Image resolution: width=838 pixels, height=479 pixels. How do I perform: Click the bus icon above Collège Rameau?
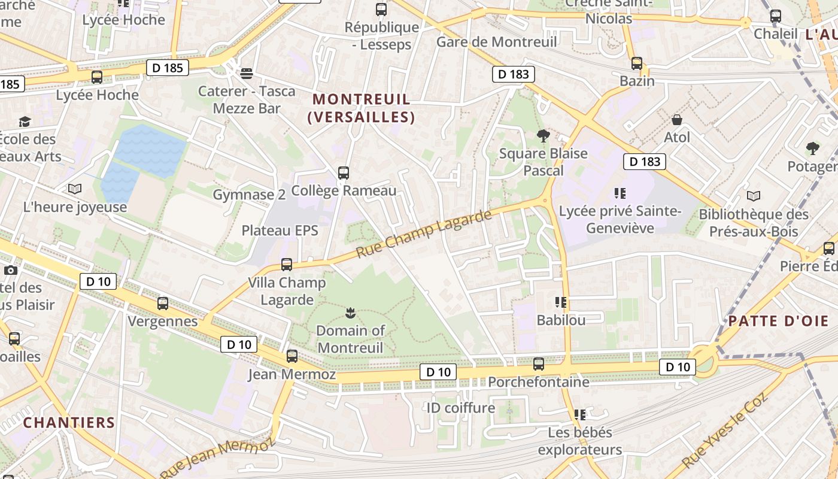click(344, 173)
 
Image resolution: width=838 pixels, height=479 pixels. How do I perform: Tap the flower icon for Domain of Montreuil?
click(351, 312)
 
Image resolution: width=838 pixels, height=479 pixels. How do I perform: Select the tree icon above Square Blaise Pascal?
click(544, 136)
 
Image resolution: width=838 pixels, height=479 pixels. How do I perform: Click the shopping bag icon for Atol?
click(677, 120)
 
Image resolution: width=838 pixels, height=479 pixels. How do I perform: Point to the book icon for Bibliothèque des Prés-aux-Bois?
click(754, 196)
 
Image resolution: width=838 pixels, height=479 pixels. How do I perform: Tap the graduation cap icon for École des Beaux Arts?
click(25, 122)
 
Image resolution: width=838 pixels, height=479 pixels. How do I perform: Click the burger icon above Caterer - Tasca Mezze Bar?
click(247, 73)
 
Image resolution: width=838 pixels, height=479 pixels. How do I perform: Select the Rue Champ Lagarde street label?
click(424, 234)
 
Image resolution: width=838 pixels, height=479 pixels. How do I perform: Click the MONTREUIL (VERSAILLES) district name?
click(362, 108)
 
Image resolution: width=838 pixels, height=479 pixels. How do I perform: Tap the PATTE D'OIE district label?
click(778, 321)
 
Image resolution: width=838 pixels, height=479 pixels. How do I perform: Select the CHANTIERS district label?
click(69, 423)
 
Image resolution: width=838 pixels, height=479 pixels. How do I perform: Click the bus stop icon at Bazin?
click(637, 63)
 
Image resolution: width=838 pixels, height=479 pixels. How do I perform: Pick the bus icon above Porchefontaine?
click(539, 363)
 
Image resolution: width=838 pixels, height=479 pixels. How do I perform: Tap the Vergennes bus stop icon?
click(163, 304)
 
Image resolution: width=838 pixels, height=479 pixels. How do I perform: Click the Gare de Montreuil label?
click(496, 42)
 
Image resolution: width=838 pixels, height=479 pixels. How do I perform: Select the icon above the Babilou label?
click(561, 302)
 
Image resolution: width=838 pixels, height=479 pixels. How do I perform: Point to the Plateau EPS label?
click(280, 231)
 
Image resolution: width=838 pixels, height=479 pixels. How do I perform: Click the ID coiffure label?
click(460, 408)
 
